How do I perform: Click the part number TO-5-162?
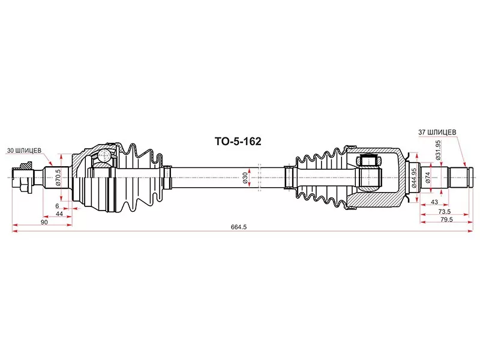(238, 142)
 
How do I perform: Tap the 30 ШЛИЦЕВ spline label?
(24, 151)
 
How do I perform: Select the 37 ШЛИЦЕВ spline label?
(437, 132)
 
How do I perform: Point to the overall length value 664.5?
(239, 227)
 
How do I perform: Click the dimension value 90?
(44, 222)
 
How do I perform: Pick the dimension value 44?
(59, 214)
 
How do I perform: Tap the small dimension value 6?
(57, 206)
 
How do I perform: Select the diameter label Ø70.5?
(58, 178)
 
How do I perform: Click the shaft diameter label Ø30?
(245, 178)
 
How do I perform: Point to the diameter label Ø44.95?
(414, 178)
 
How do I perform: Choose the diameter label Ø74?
(428, 178)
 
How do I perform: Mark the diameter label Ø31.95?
(438, 150)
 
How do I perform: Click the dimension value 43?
(434, 202)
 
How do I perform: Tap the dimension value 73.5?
(445, 212)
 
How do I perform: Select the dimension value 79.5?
(446, 220)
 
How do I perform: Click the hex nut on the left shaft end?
(26, 178)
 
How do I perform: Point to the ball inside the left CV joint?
(103, 155)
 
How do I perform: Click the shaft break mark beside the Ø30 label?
(259, 178)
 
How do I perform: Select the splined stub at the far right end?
(461, 178)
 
